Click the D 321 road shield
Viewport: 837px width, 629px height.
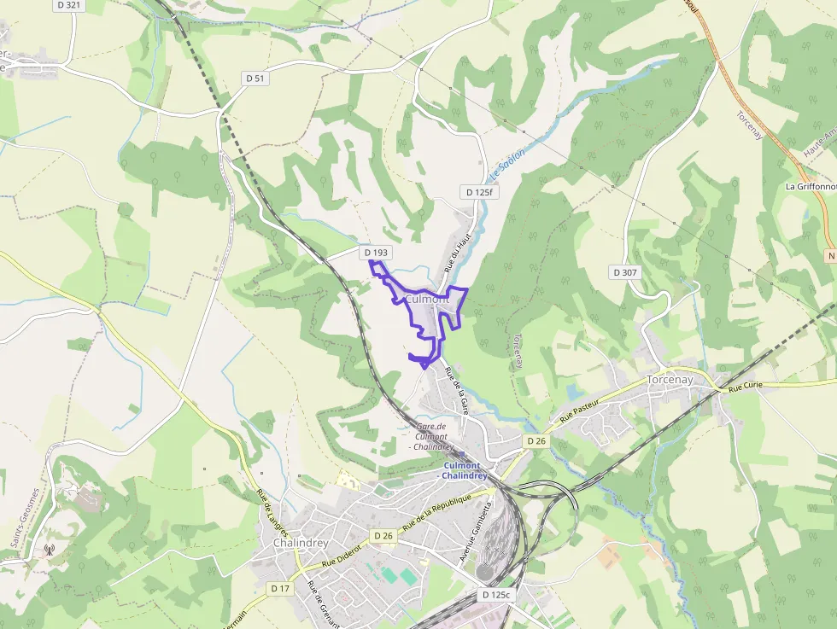(69, 5)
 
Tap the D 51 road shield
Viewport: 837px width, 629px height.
(255, 79)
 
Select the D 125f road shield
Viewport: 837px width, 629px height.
(478, 192)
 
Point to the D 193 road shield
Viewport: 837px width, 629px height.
(376, 253)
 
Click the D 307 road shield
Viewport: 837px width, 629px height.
(625, 272)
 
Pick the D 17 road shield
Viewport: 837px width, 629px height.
(280, 589)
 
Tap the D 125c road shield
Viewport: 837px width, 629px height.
(495, 594)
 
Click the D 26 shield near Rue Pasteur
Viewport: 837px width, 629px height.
(536, 440)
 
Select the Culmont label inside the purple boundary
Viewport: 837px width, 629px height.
(427, 300)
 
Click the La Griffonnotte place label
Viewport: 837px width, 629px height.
(810, 186)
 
